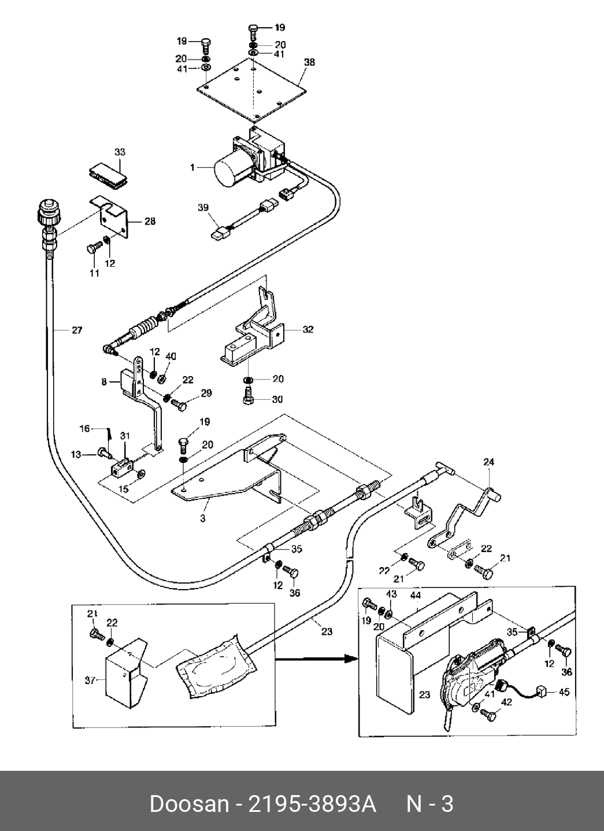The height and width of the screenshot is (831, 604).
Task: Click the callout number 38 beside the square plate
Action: [309, 62]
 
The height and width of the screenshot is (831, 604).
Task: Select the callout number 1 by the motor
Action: [192, 168]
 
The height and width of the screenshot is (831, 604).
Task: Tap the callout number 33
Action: [120, 152]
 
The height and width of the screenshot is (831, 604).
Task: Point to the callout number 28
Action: [150, 221]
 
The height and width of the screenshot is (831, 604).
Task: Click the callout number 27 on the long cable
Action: [77, 330]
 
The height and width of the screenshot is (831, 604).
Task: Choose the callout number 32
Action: [308, 329]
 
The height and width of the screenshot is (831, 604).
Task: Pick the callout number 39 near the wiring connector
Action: [203, 207]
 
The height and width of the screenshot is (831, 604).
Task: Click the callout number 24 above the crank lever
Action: [488, 462]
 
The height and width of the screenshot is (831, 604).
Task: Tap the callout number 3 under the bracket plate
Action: [203, 518]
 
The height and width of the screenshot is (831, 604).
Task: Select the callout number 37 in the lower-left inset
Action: [90, 681]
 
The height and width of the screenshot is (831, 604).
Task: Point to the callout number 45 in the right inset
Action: [564, 692]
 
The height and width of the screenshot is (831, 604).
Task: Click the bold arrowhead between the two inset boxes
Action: [351, 659]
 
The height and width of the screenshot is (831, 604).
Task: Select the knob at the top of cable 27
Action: [49, 211]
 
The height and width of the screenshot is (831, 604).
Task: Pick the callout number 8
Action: [105, 381]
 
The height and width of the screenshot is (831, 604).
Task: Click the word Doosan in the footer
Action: [190, 804]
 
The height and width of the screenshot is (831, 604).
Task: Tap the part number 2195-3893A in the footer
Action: [312, 804]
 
